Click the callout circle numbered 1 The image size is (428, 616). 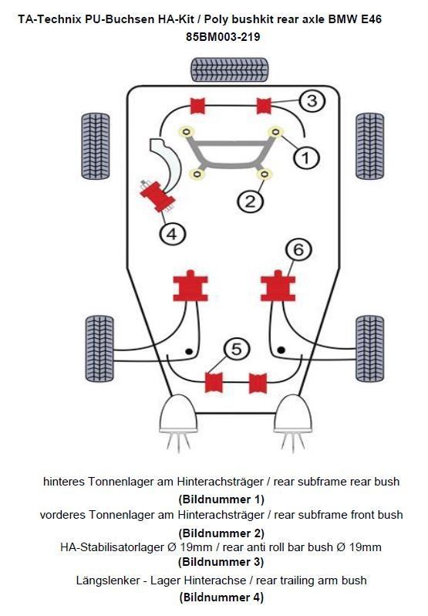click(305, 158)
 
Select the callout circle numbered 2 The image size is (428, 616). click(250, 202)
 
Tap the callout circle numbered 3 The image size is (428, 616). click(310, 101)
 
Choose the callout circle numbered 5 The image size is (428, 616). click(237, 350)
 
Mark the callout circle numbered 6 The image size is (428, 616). click(298, 250)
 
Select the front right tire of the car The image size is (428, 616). click(370, 146)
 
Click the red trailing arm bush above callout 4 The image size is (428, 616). click(158, 195)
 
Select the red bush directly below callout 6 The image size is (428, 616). click(278, 288)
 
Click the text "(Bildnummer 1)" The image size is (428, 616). click(221, 499)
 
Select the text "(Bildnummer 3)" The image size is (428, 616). click(221, 562)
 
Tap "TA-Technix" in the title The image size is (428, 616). click(47, 18)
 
